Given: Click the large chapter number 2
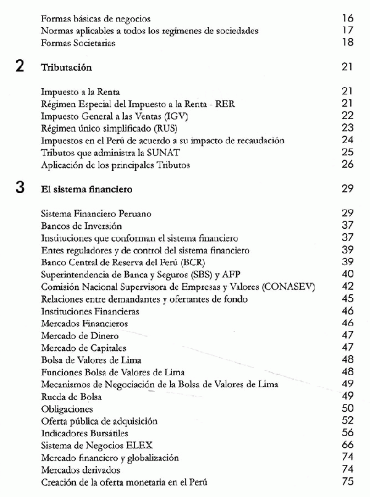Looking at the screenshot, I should [20, 67].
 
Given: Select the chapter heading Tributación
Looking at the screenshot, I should [66, 67].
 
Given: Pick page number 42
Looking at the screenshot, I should [347, 287].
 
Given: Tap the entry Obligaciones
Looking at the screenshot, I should [67, 408].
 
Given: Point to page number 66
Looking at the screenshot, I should [347, 445].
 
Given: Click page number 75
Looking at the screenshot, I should [347, 482].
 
